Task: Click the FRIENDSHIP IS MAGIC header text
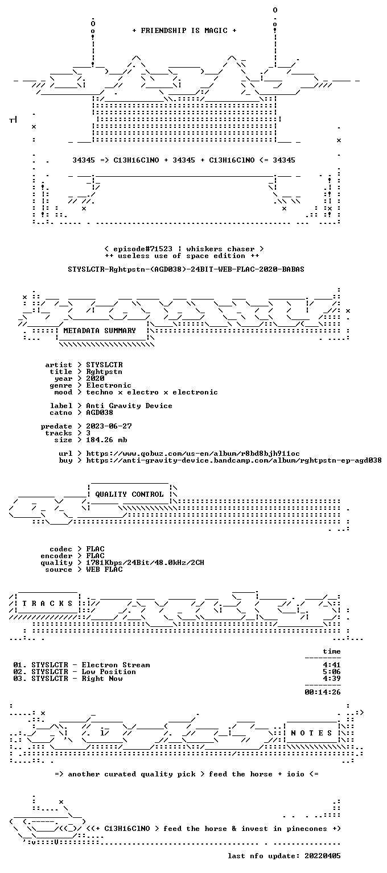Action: [x=184, y=30]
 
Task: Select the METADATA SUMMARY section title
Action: [x=100, y=330]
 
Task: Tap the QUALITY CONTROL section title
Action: [x=129, y=494]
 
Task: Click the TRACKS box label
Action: [x=47, y=603]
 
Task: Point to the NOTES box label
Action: [x=311, y=733]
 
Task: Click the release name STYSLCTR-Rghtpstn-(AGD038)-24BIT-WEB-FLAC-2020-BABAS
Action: [x=186, y=269]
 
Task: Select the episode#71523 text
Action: [x=143, y=248]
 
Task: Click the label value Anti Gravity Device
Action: [x=129, y=406]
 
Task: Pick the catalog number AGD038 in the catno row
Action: [x=100, y=412]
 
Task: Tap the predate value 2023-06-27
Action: [x=109, y=426]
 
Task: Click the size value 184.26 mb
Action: [x=106, y=439]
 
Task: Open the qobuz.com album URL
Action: [x=193, y=453]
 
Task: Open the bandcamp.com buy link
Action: [x=234, y=460]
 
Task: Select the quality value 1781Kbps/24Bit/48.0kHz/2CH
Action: [x=145, y=562]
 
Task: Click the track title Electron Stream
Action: [x=116, y=665]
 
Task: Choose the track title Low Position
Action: [x=109, y=671]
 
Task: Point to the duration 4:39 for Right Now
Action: [x=332, y=679]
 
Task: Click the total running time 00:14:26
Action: [x=323, y=692]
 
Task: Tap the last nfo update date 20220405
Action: [x=323, y=856]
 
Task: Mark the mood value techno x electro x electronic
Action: [x=152, y=392]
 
